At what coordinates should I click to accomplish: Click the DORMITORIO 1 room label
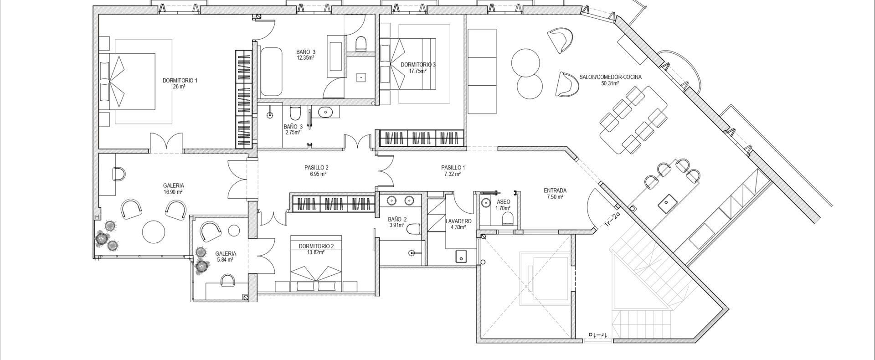click(180, 80)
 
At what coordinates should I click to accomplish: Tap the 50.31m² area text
click(610, 83)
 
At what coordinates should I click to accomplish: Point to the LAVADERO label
click(458, 221)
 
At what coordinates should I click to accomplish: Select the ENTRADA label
click(555, 190)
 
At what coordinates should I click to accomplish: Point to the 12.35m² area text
click(306, 58)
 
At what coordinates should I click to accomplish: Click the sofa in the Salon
click(482, 72)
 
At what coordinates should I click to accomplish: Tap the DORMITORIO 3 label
click(418, 65)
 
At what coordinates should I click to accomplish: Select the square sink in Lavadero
click(461, 257)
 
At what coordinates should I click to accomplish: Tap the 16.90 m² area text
click(174, 192)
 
